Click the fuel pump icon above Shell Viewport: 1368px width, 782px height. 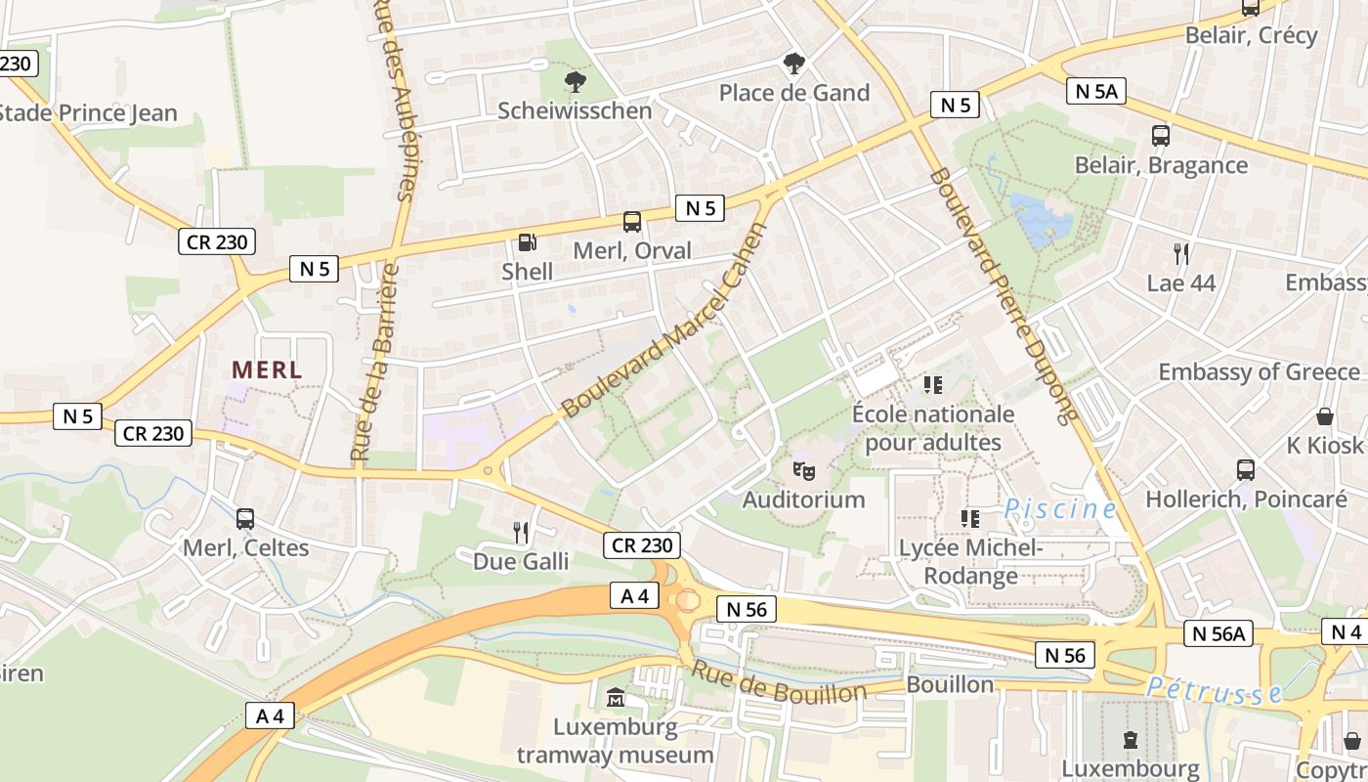pos(527,241)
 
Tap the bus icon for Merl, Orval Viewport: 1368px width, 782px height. pos(632,222)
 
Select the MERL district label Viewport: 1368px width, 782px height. pos(267,370)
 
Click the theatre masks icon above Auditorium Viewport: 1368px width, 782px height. pos(804,470)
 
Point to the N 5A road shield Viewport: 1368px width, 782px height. pos(1096,92)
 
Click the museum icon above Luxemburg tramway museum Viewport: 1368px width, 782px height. pos(616,698)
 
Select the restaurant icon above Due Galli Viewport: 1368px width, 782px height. pos(521,532)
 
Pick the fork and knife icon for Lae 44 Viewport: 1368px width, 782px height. pos(1181,254)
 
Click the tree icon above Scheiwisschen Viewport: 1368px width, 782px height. pos(575,81)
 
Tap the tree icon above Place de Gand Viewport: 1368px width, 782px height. pos(794,64)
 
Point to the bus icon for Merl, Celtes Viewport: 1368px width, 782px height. pos(245,519)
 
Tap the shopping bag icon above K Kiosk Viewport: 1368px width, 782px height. pos(1325,416)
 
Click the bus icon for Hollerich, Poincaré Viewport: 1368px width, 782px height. pos(1246,470)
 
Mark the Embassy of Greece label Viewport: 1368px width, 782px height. pos(1259,372)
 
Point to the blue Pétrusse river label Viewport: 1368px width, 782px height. pos(1214,691)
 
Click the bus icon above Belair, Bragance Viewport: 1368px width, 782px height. pos(1161,136)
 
